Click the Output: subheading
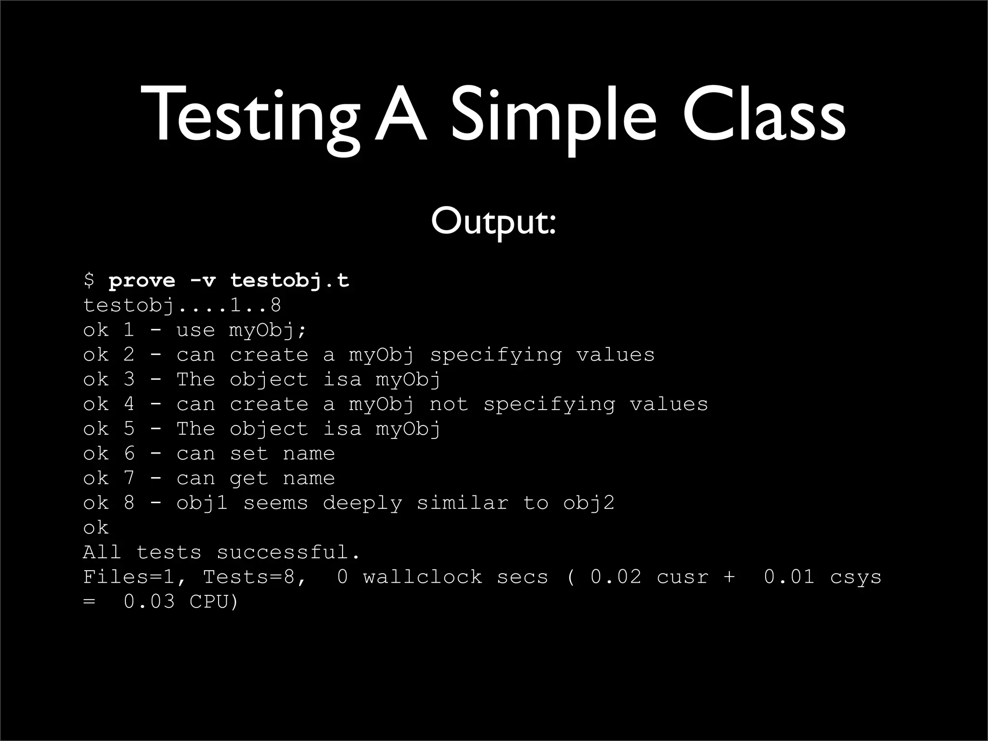[x=494, y=222]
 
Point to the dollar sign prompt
[x=89, y=280]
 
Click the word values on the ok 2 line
[x=616, y=355]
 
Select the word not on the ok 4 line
[x=449, y=404]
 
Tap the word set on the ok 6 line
[x=248, y=454]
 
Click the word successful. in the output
[x=288, y=552]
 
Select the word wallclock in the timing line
[x=423, y=577]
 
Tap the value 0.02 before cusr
[x=616, y=577]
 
